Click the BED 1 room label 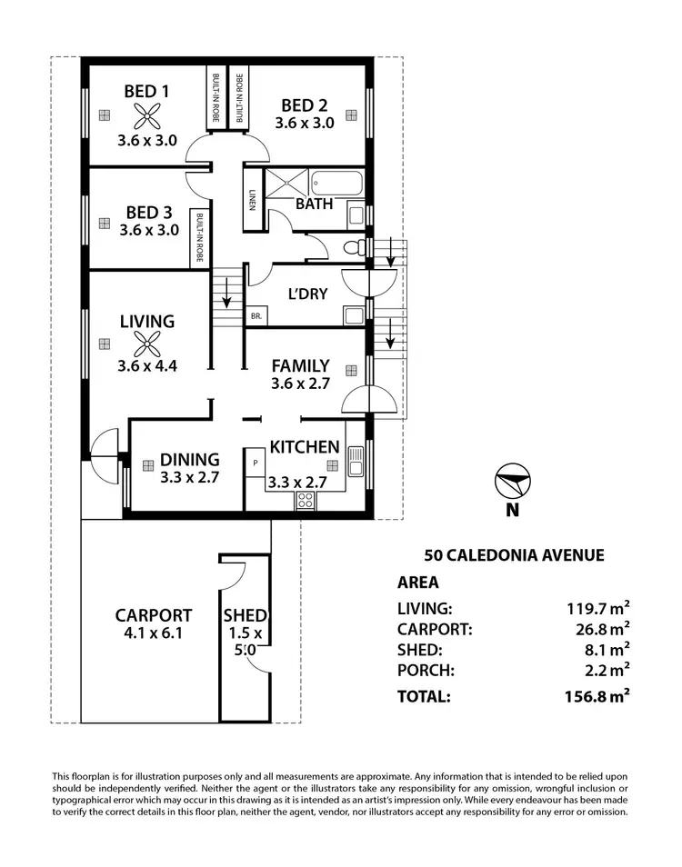(x=146, y=91)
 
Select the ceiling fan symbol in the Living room (x=146, y=343)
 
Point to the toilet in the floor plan (x=354, y=247)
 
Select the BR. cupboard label (x=256, y=316)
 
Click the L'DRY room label (x=307, y=294)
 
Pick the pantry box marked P (x=256, y=463)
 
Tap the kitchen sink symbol (x=355, y=464)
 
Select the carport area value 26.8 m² (x=598, y=629)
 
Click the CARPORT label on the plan (x=154, y=615)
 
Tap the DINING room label (x=190, y=459)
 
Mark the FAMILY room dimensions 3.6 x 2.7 (x=300, y=384)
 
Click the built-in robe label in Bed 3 (x=197, y=237)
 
